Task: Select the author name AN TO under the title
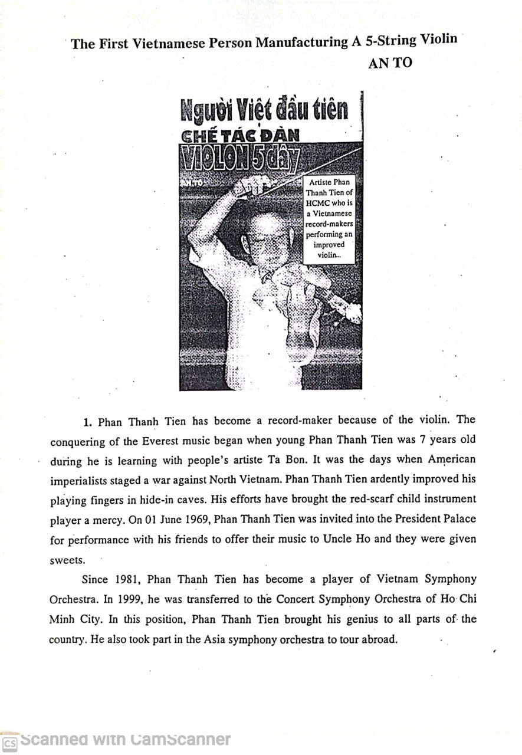tap(390, 64)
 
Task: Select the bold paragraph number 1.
tap(87, 422)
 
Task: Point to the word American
tap(451, 459)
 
